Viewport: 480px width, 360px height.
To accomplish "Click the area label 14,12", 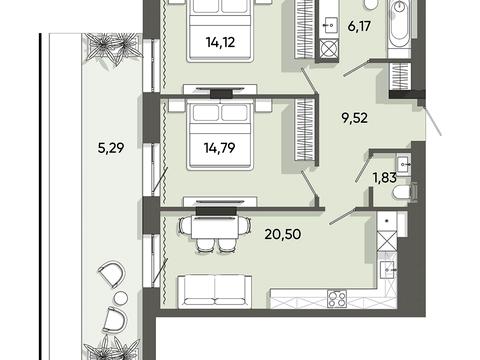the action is [220, 42].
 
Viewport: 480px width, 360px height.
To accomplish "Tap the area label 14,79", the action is [220, 147].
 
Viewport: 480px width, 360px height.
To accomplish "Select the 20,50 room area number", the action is [283, 234].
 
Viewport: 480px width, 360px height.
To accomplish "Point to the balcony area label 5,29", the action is [111, 147].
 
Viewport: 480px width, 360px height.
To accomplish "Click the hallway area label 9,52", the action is [355, 118].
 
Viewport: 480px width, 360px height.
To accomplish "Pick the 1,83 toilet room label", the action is [384, 178].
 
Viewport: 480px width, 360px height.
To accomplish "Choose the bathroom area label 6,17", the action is [359, 26].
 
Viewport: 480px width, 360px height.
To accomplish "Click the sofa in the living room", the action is [215, 291].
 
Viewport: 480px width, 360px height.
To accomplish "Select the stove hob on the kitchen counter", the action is [337, 298].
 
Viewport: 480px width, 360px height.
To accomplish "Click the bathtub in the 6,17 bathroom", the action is [400, 23].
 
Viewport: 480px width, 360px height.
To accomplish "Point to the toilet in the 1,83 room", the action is [405, 193].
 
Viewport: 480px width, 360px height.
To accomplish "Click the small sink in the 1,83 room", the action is [403, 165].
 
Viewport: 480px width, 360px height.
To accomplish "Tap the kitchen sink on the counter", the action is [387, 268].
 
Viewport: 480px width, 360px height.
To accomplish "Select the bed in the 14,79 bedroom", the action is [220, 136].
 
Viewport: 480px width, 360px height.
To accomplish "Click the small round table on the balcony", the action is [120, 297].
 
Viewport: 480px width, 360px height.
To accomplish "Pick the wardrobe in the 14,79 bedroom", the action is [304, 129].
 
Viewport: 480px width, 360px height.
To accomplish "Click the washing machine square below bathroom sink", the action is [328, 49].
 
